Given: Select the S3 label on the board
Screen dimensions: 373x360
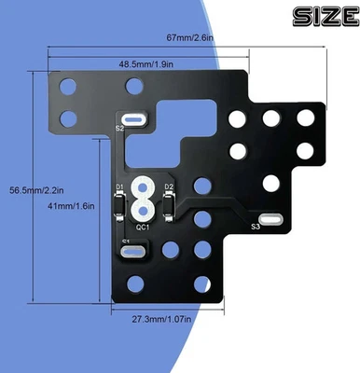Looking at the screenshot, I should [x=255, y=227].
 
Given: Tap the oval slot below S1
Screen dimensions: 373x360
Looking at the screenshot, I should [x=132, y=251].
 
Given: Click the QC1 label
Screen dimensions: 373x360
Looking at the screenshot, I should [x=143, y=227].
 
